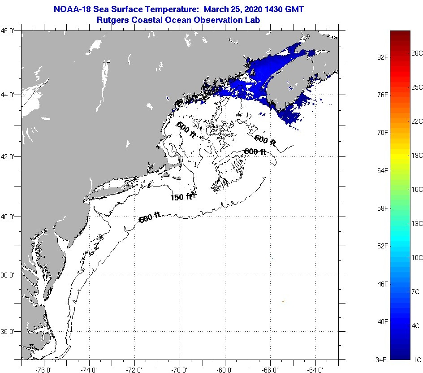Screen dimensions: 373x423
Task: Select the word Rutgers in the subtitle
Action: pyautogui.click(x=113, y=20)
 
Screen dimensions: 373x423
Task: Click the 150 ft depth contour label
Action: pyautogui.click(x=181, y=197)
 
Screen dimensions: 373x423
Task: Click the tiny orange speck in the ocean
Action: pyautogui.click(x=284, y=301)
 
